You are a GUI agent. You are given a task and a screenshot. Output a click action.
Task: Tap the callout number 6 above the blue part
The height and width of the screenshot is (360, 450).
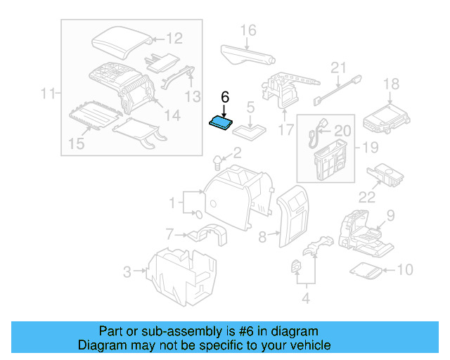225,97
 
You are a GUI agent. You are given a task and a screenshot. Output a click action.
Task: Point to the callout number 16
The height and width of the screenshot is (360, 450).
247,30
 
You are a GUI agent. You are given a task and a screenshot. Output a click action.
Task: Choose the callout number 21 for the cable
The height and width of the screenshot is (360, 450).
340,68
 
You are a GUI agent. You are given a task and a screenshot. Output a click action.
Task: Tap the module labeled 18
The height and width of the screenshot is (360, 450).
385,117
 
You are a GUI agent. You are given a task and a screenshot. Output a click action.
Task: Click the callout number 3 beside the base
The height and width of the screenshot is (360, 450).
127,270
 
